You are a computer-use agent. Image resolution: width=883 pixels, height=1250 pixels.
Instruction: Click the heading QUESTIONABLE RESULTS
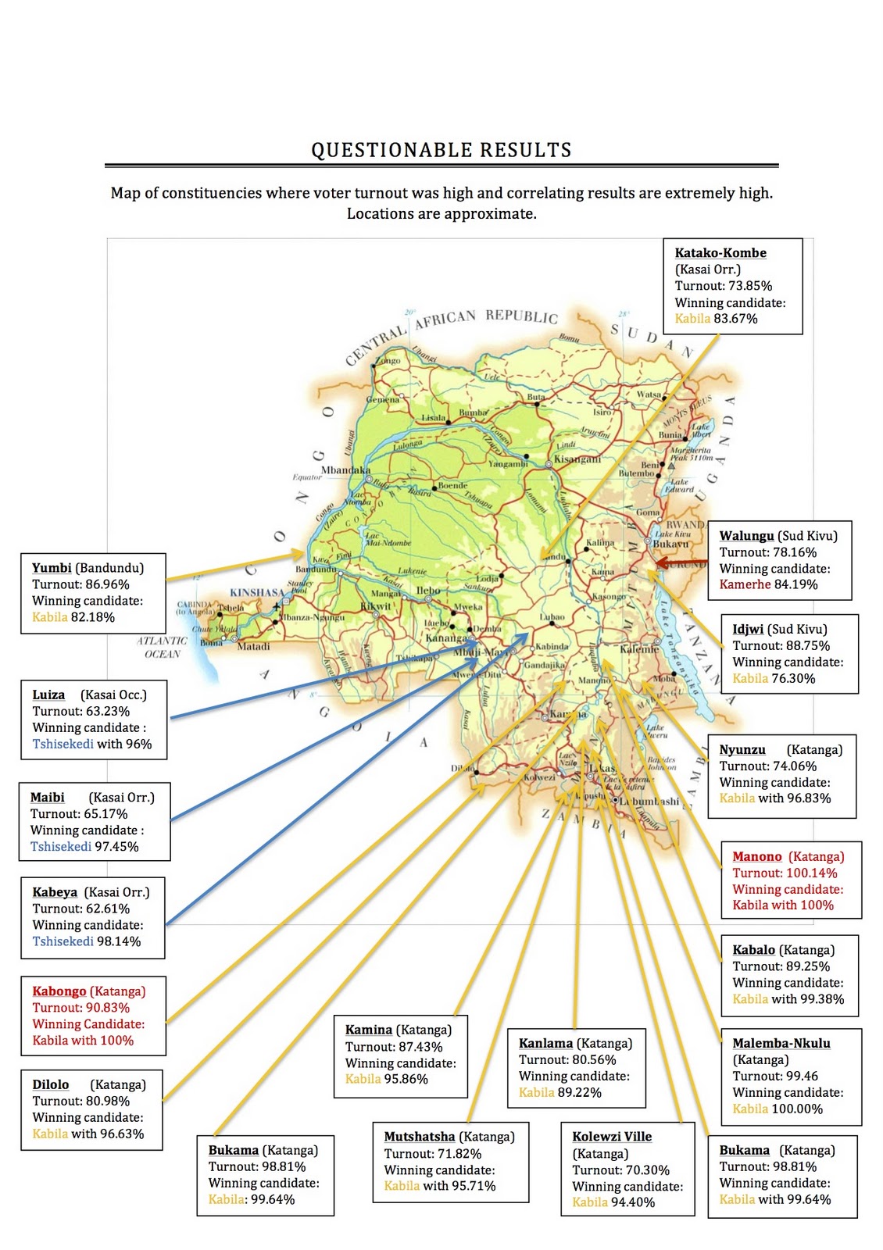point(441,150)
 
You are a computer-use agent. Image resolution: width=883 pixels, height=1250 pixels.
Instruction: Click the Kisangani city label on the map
point(577,459)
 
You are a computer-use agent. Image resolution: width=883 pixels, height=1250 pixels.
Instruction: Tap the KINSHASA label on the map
point(257,592)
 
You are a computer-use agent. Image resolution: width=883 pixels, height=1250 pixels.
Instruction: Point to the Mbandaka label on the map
point(346,470)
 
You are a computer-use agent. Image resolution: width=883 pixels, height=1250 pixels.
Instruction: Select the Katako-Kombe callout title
point(720,253)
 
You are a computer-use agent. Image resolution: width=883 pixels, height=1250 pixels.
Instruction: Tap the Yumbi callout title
point(52,568)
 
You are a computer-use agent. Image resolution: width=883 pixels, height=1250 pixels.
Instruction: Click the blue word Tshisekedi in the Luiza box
point(63,744)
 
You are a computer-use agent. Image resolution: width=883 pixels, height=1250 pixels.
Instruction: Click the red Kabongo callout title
point(59,991)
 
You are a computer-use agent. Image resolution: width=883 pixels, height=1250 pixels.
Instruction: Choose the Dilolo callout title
point(51,1084)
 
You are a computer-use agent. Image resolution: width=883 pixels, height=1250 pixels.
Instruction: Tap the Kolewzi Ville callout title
point(612,1137)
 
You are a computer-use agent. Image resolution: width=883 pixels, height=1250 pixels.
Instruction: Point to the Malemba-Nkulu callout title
point(781,1043)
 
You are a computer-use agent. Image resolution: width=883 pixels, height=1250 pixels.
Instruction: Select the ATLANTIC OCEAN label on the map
point(162,647)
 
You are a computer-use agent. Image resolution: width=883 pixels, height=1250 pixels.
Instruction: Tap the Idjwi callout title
point(748,629)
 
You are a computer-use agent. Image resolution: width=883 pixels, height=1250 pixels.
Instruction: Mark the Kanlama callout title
point(546,1043)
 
